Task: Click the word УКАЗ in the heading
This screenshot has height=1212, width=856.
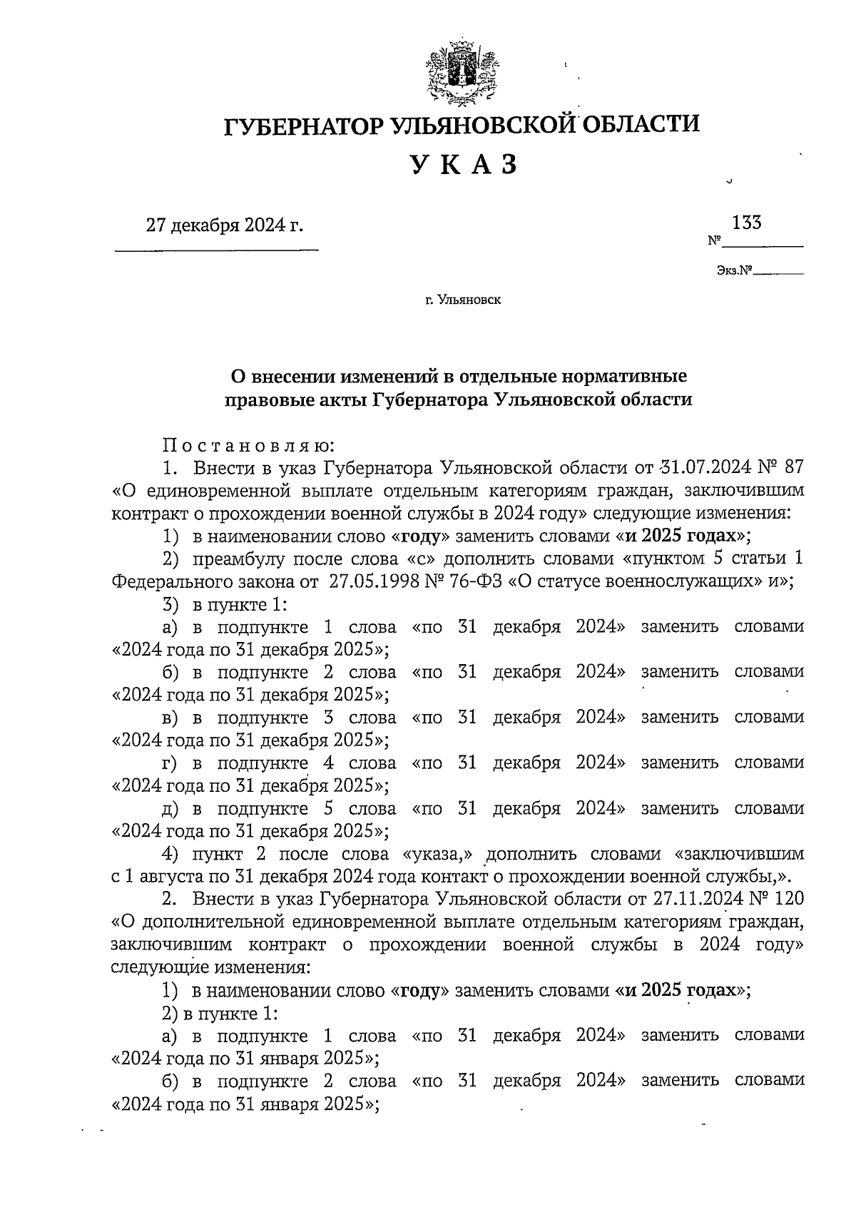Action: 463,165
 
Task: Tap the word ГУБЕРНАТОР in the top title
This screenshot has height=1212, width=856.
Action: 305,126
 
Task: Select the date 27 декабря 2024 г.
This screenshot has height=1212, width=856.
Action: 225,226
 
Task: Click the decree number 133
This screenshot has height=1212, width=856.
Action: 747,223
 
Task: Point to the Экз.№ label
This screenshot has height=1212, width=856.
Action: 735,271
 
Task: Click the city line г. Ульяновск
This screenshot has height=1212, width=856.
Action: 463,300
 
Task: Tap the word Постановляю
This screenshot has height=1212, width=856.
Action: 248,446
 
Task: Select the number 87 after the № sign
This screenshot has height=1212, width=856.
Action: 793,468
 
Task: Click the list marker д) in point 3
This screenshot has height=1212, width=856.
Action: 171,809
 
